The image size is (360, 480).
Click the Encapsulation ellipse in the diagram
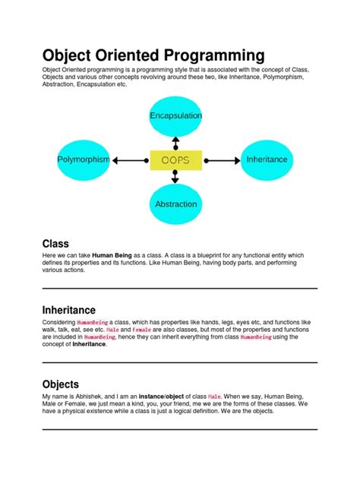[175, 115]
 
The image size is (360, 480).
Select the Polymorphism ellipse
[84, 159]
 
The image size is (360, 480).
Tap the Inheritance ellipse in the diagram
[267, 159]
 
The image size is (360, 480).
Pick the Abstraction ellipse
[175, 204]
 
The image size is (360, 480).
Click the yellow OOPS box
[175, 160]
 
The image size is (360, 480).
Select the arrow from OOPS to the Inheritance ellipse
[221, 160]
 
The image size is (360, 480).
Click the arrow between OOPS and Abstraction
[175, 177]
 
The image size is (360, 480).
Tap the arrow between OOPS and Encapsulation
[175, 143]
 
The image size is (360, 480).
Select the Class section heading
[55, 244]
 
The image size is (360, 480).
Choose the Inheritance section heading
[68, 310]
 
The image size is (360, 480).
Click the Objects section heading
[61, 384]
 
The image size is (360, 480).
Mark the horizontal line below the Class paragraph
[179, 289]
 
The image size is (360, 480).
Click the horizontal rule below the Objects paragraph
[179, 429]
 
